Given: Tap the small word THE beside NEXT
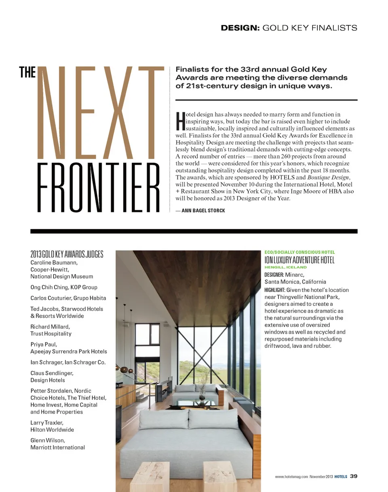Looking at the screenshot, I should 27,73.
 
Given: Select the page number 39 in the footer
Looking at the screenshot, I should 353,476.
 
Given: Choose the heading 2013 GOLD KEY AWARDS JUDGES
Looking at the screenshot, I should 67,254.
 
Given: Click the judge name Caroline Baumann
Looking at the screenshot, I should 54,262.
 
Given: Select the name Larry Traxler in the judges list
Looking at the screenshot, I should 46,423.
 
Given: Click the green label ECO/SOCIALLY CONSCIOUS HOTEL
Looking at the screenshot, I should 299,252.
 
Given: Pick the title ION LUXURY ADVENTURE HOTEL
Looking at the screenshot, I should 299,260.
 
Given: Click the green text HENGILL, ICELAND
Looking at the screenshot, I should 286,267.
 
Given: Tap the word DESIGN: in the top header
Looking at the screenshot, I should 240,28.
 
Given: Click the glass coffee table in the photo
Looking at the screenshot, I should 198,403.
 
